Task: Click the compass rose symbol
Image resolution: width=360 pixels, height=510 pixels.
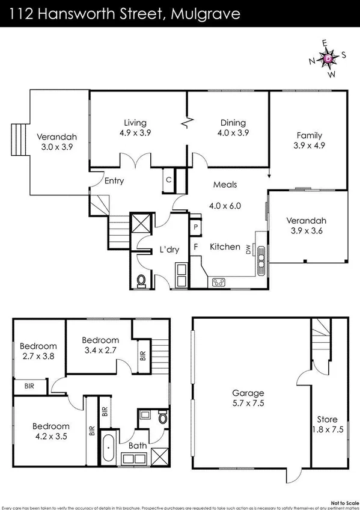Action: [328, 59]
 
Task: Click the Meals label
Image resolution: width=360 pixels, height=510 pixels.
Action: [224, 185]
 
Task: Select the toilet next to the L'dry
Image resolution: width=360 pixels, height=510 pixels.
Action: [141, 280]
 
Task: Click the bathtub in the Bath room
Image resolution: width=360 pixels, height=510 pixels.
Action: [108, 447]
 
